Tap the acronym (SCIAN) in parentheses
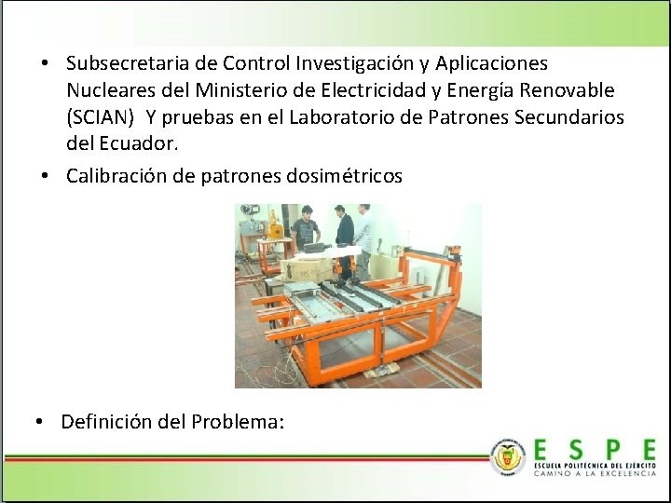(102, 118)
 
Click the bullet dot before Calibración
(45, 176)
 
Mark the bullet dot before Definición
(39, 422)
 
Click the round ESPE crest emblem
(508, 456)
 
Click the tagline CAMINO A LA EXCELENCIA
(595, 473)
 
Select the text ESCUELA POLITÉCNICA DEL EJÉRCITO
(595, 464)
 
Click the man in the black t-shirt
(304, 233)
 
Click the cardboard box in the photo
(307, 270)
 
